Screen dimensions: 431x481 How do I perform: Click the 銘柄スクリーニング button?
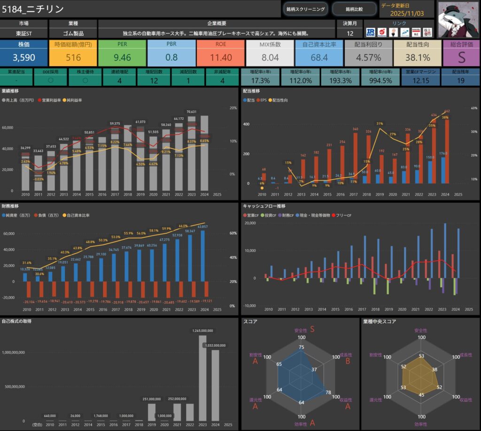305,9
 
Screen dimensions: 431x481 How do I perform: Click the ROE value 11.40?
220,57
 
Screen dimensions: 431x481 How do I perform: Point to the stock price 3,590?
24,57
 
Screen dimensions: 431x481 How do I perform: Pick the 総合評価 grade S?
461,57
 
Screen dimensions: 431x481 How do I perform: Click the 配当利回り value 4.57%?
368,57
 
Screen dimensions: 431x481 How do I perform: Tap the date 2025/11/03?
407,13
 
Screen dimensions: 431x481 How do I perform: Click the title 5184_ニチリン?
33,9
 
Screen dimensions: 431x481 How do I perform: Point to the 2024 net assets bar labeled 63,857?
202,256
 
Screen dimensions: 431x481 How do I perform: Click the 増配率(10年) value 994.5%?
380,81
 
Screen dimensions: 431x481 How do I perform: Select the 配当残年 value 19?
461,81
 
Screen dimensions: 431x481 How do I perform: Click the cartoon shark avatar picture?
458,19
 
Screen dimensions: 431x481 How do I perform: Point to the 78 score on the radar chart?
328,393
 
